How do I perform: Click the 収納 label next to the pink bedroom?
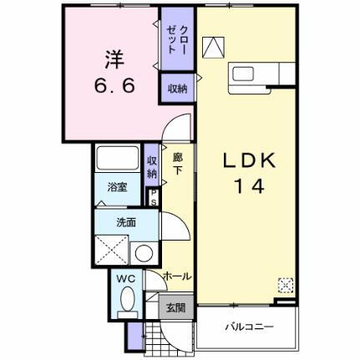177,88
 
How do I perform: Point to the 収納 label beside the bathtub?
152,166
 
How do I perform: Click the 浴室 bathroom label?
117,189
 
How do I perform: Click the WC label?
126,277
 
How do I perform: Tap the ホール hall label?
177,276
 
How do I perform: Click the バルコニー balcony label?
248,327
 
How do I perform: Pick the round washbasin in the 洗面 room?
144,252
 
